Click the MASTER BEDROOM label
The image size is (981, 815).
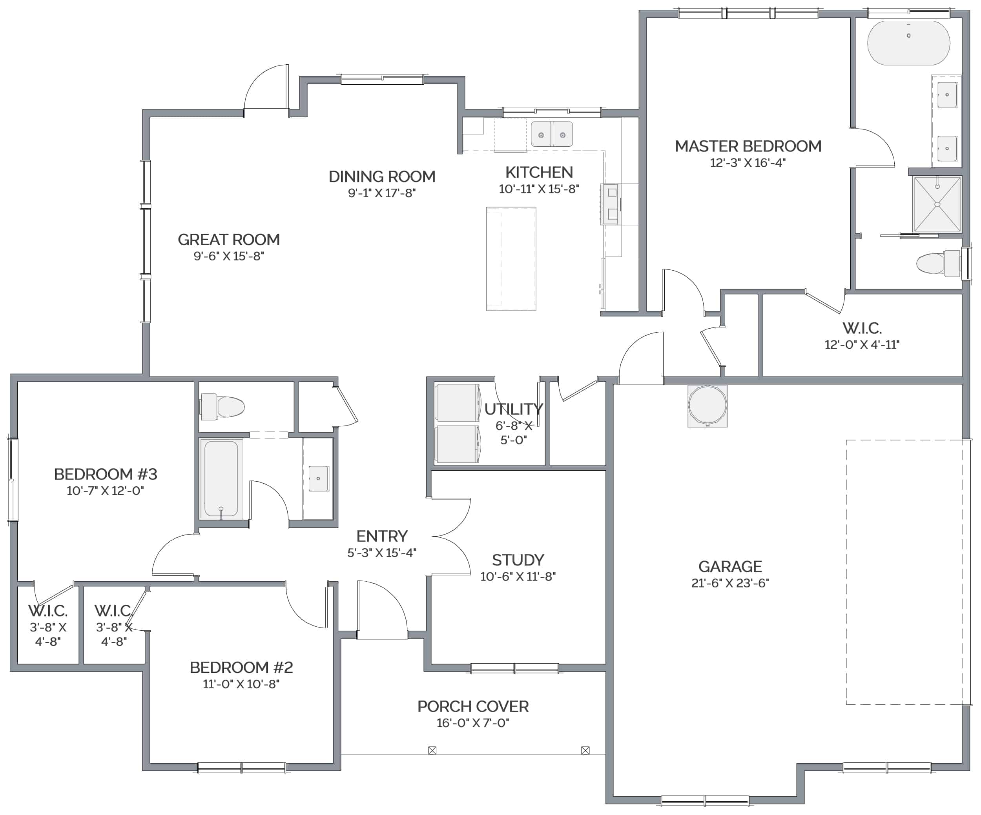748,146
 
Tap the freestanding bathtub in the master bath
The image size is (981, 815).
908,43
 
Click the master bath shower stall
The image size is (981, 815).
937,204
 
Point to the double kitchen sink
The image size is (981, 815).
552,135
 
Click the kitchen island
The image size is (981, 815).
511,259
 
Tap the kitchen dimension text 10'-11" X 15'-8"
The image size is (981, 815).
539,189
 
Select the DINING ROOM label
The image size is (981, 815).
382,176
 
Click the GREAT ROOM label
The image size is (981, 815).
229,240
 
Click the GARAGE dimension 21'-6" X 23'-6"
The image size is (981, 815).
730,583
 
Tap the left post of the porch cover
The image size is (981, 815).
432,751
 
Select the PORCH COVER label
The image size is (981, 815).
473,707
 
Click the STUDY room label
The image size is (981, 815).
518,560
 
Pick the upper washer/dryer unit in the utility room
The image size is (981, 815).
457,403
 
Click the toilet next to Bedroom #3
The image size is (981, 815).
222,406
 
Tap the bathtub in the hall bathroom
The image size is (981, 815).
221,478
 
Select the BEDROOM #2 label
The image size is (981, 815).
241,668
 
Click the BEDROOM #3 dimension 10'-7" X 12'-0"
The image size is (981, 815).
105,491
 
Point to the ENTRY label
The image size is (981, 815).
382,536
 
